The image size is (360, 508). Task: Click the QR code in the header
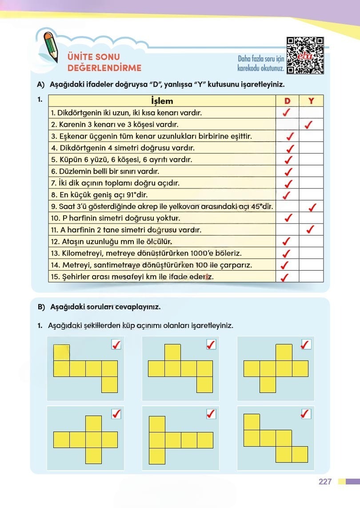305,55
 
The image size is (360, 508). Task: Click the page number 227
325,482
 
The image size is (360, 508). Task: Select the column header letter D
287,101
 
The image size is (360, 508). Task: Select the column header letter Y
311,101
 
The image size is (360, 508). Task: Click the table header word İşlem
162,101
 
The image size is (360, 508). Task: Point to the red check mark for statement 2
309,125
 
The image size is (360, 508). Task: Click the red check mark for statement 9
311,207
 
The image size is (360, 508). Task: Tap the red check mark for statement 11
311,230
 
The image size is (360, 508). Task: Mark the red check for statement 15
284,277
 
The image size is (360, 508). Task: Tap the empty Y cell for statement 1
311,113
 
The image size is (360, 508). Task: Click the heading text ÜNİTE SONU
93,57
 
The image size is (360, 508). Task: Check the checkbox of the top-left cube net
116,344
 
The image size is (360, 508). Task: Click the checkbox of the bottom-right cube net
306,414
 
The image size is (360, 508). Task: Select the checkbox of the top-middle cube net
211,344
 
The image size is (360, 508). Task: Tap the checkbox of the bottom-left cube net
116,414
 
